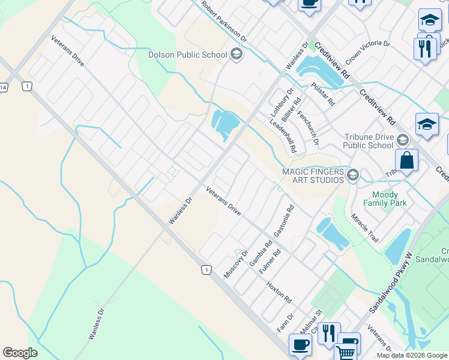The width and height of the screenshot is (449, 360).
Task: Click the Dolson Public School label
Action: point(187,55)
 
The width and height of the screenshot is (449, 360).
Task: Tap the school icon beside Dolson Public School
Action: point(236,55)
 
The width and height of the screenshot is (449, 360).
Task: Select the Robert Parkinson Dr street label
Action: point(224,21)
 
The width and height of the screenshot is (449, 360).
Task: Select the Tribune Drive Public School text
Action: point(369,141)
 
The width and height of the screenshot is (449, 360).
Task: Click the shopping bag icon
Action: point(406,161)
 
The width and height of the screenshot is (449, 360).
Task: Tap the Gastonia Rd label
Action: point(284,220)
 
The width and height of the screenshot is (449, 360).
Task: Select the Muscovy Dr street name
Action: point(235,263)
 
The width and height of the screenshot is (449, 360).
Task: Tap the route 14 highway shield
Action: point(3,88)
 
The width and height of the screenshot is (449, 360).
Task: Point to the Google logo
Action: point(20,352)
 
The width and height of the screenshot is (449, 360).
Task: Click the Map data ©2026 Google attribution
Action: point(412,355)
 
